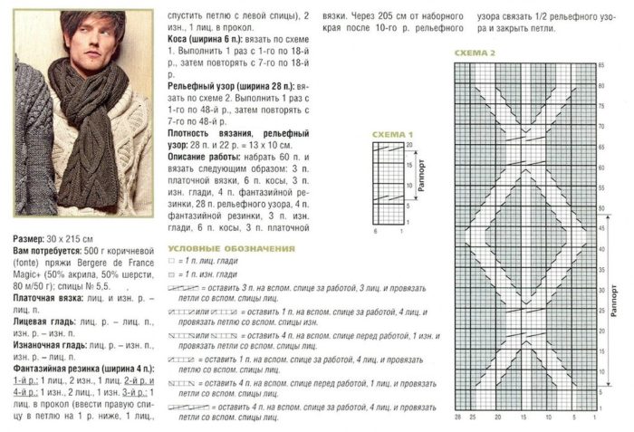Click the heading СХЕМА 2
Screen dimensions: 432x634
[475, 53]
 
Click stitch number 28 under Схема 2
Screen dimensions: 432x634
[457, 418]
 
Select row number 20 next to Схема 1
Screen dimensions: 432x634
[409, 145]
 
